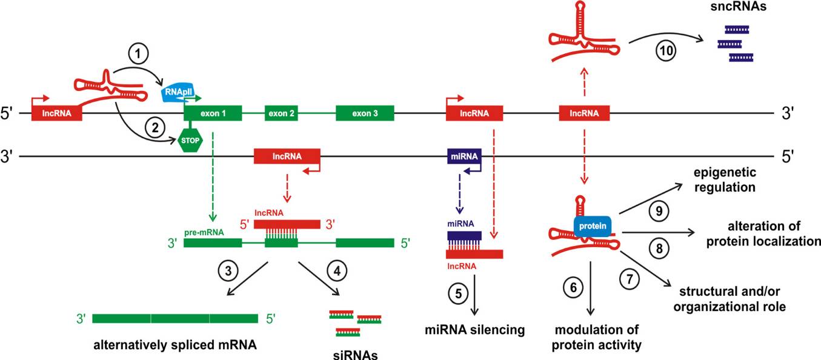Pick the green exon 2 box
(x=281, y=113)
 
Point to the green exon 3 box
(x=365, y=113)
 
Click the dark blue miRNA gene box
(x=464, y=157)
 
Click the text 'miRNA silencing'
(x=473, y=330)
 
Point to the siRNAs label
(x=356, y=355)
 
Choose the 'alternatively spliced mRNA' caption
(x=175, y=346)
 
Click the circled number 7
(x=631, y=279)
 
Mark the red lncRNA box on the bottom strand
(x=287, y=157)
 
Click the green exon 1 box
(x=213, y=113)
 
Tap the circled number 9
(x=659, y=210)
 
